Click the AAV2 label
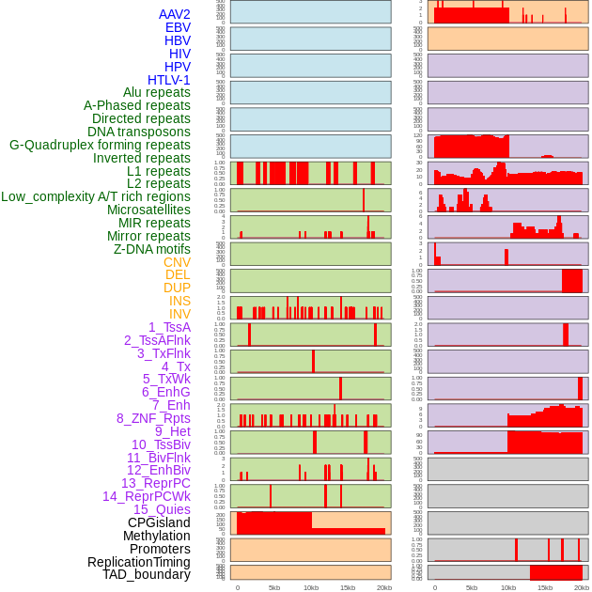pyautogui.click(x=175, y=14)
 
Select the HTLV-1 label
pyautogui.click(x=168, y=80)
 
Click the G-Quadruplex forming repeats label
pyautogui.click(x=100, y=145)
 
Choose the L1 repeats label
pyautogui.click(x=159, y=171)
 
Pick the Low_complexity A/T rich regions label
pyautogui.click(x=96, y=196)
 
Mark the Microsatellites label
pyautogui.click(x=148, y=210)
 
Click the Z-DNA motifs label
pyautogui.click(x=152, y=249)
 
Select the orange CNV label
pyautogui.click(x=177, y=262)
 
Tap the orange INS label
pyautogui.click(x=179, y=301)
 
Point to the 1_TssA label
pyautogui.click(x=169, y=327)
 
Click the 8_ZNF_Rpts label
pyautogui.click(x=153, y=418)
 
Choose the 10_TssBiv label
pyautogui.click(x=161, y=444)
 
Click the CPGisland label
pyautogui.click(x=159, y=522)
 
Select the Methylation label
pyautogui.click(x=156, y=536)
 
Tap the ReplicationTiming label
pyautogui.click(x=139, y=562)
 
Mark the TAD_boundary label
pyautogui.click(x=147, y=574)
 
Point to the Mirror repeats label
pyautogui.click(x=148, y=236)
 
